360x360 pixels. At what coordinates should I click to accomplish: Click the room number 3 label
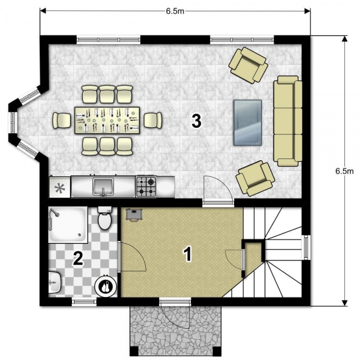pyautogui.click(x=196, y=120)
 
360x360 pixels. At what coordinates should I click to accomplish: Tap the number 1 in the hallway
pyautogui.click(x=188, y=254)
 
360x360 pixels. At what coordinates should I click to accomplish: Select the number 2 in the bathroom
pyautogui.click(x=77, y=259)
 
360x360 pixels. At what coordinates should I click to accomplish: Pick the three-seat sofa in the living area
pyautogui.click(x=287, y=121)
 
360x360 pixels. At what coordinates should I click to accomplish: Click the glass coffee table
pyautogui.click(x=247, y=122)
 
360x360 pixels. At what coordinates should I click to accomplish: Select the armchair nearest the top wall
pyautogui.click(x=248, y=64)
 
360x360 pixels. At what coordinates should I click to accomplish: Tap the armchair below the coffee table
pyautogui.click(x=255, y=178)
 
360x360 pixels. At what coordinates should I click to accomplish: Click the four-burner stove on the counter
pyautogui.click(x=146, y=186)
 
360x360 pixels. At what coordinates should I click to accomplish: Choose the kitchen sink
pyautogui.click(x=103, y=186)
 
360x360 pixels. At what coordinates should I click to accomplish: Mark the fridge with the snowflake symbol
pyautogui.click(x=59, y=187)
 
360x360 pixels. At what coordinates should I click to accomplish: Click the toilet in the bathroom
pyautogui.click(x=105, y=220)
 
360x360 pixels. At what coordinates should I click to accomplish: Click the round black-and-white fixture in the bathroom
pyautogui.click(x=107, y=287)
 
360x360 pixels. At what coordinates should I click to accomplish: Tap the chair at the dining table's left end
pyautogui.click(x=62, y=120)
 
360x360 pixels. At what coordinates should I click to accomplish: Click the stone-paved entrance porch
pyautogui.click(x=176, y=330)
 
